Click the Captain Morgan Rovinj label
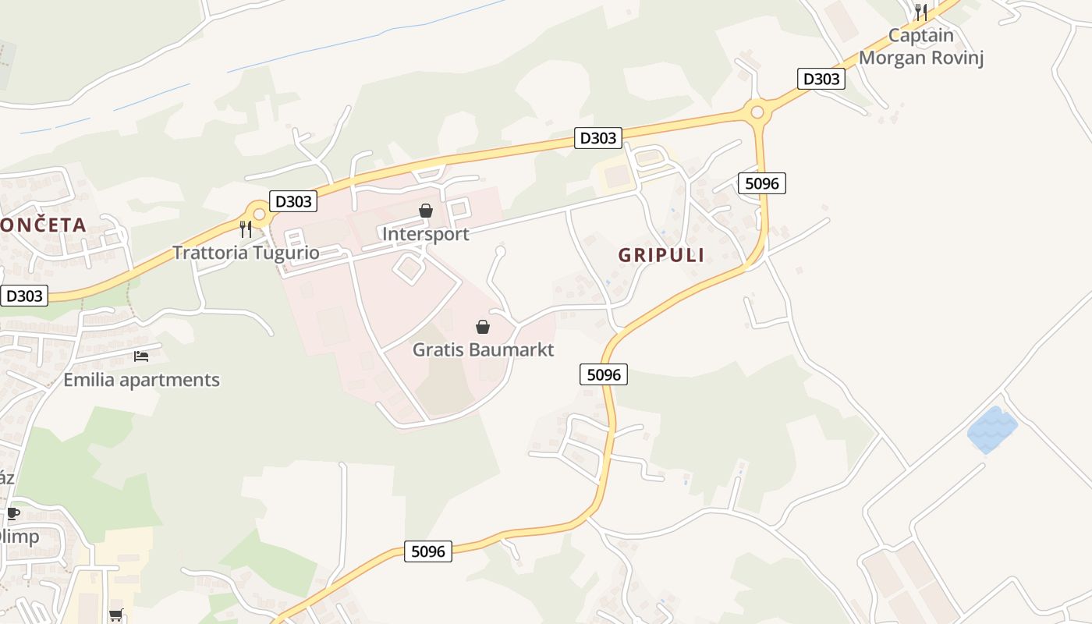click(x=921, y=47)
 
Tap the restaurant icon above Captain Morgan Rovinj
click(x=921, y=12)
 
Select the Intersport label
click(x=426, y=234)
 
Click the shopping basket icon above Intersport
click(x=426, y=211)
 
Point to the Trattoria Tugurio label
click(x=246, y=253)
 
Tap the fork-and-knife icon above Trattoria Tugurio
click(x=246, y=229)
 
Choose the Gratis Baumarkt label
click(x=483, y=349)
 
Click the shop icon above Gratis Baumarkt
click(x=483, y=327)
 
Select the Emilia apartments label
click(x=141, y=380)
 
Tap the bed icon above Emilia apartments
click(x=141, y=356)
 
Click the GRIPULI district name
click(x=661, y=255)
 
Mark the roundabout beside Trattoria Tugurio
click(x=258, y=212)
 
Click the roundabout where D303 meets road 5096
click(x=757, y=112)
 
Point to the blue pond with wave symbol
click(x=992, y=429)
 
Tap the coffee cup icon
click(x=12, y=512)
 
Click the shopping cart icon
click(x=116, y=615)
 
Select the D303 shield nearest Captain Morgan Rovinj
click(x=821, y=79)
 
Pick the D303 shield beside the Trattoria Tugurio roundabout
click(x=293, y=201)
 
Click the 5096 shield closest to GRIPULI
click(x=761, y=183)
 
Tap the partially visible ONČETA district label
click(x=43, y=225)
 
